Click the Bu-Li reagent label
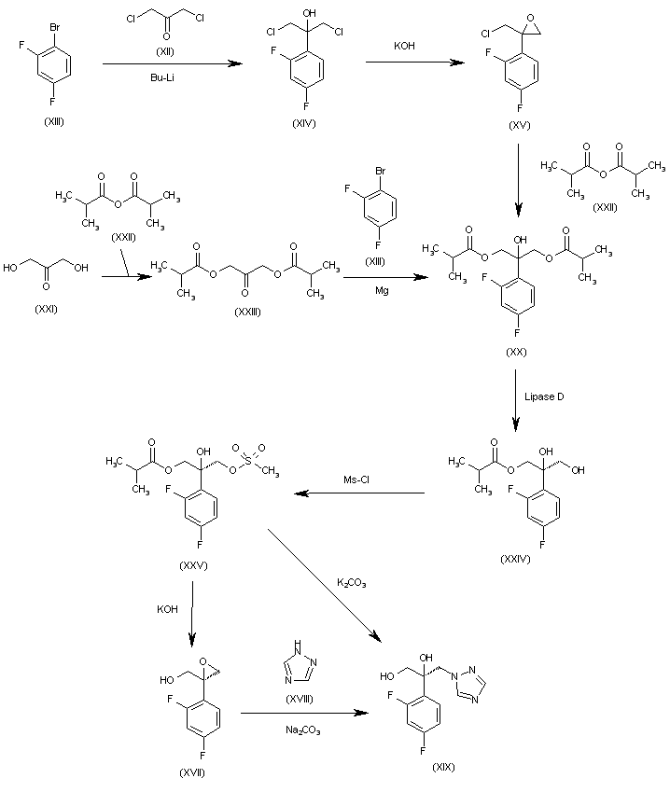click(162, 77)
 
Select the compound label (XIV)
click(303, 124)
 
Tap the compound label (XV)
click(520, 125)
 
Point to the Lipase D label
click(544, 396)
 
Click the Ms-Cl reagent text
click(356, 479)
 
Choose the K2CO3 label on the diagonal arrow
click(352, 583)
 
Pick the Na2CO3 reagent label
click(303, 729)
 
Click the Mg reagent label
click(382, 291)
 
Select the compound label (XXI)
click(46, 310)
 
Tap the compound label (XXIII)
click(247, 313)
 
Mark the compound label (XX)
click(516, 352)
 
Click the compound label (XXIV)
click(515, 559)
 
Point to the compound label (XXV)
click(193, 566)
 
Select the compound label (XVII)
click(192, 773)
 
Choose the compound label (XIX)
click(443, 767)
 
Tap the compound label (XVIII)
click(300, 699)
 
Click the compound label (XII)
click(165, 51)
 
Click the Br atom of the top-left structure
click(55, 28)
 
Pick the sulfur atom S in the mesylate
click(248, 460)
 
